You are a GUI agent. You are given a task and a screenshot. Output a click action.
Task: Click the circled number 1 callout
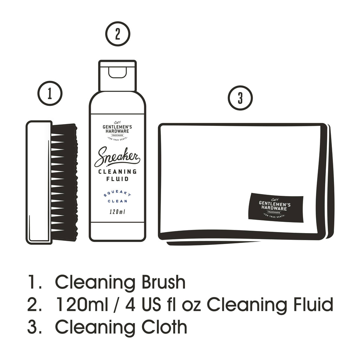click(50, 93)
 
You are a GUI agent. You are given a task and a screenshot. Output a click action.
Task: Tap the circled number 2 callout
click(117, 34)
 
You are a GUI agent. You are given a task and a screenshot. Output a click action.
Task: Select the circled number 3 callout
click(240, 98)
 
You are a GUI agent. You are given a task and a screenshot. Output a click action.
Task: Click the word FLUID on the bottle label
click(117, 179)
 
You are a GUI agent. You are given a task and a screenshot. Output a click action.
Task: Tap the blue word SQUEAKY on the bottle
click(117, 195)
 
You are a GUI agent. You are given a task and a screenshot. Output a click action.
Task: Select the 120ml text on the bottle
click(117, 212)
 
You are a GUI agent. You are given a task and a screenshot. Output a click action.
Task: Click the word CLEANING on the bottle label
click(117, 172)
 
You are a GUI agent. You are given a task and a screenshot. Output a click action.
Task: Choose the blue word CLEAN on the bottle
click(117, 202)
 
